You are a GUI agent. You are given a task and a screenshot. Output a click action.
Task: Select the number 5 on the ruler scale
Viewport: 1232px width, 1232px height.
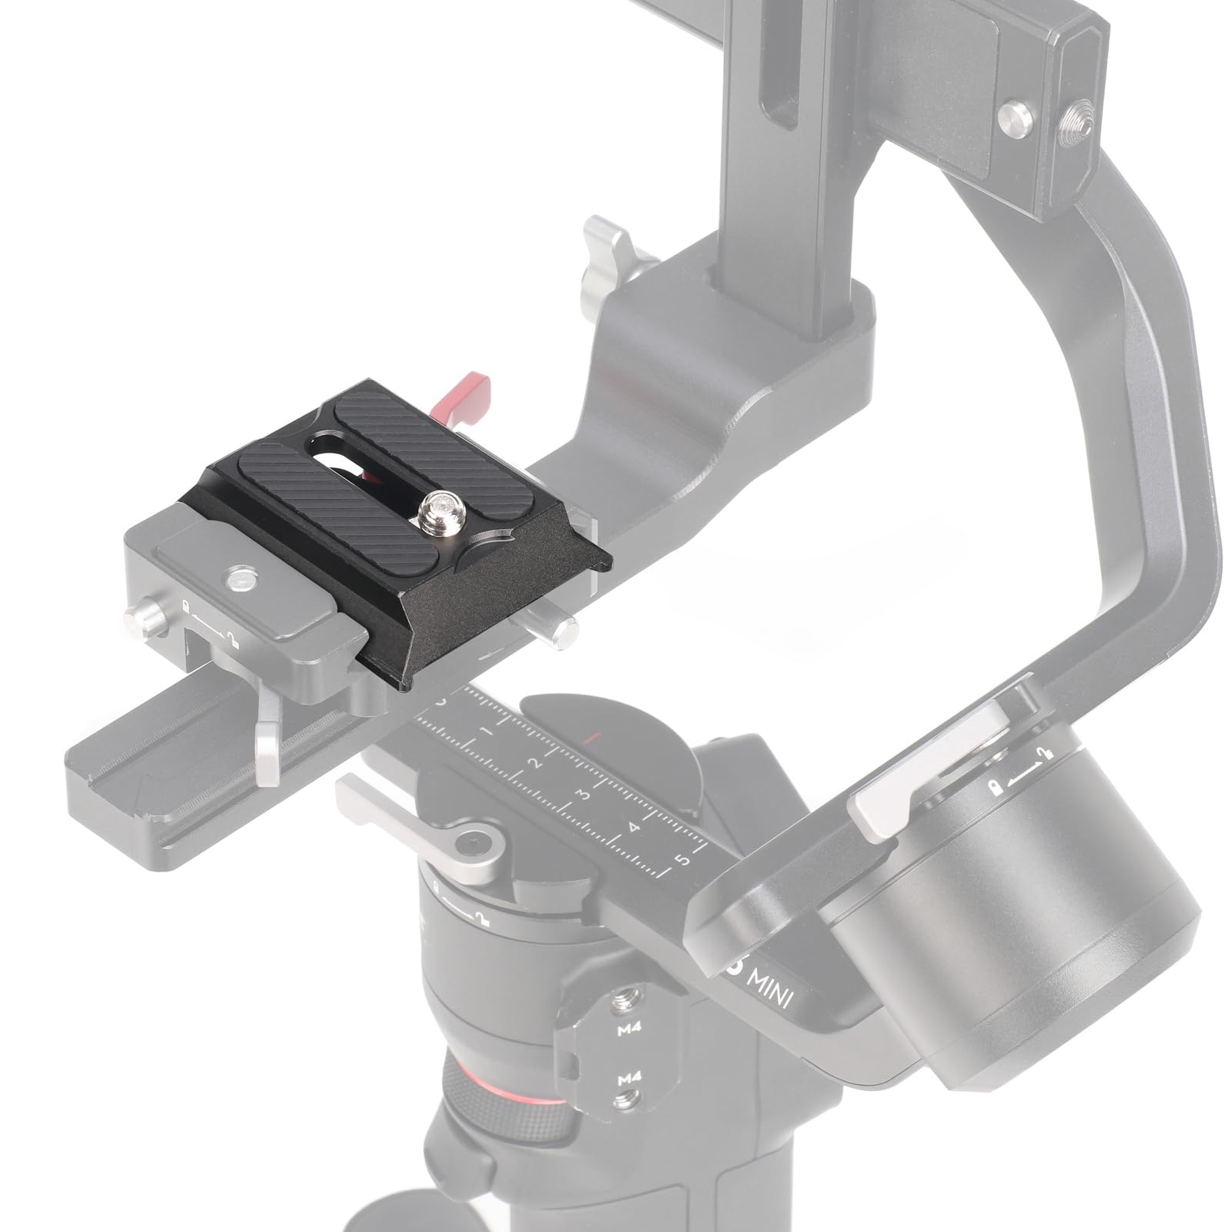tap(681, 859)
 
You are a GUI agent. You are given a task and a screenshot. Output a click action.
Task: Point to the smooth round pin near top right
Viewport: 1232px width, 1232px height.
tap(1015, 117)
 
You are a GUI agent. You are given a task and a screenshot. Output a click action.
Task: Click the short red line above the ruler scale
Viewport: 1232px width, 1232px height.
tap(591, 740)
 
